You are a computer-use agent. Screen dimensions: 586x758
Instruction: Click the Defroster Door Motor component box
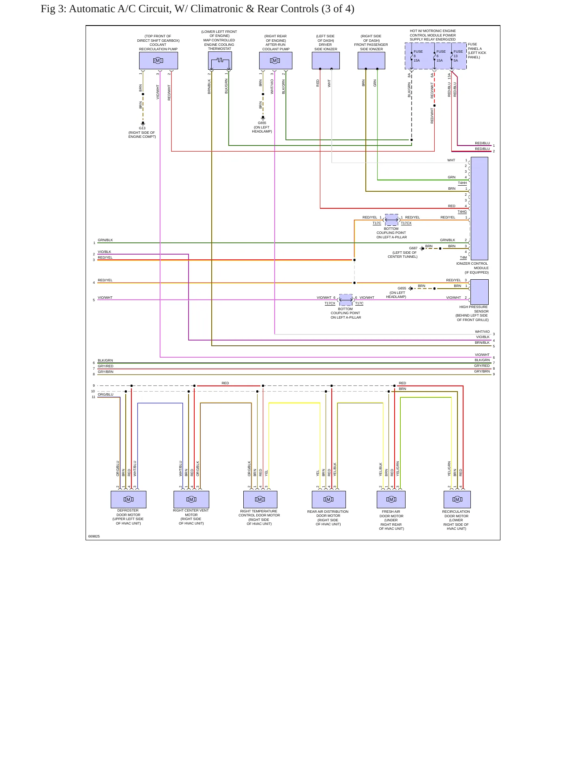(129, 499)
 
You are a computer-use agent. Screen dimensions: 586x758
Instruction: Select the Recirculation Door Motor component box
(457, 499)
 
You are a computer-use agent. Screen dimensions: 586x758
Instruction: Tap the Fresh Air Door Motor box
(391, 499)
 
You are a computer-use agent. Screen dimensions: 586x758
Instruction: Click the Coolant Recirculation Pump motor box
(158, 60)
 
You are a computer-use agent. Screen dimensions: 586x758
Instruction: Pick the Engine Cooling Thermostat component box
(220, 60)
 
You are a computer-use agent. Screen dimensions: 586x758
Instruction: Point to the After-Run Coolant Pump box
(275, 60)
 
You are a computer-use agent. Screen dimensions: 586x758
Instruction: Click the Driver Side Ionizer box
(326, 60)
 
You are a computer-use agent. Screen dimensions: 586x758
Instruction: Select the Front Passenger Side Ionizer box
(371, 60)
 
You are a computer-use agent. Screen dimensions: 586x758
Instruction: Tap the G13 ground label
(142, 128)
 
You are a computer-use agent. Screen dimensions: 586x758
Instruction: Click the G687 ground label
(413, 248)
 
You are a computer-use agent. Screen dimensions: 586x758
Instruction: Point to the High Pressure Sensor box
(479, 292)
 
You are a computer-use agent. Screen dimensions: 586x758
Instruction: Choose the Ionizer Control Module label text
(472, 268)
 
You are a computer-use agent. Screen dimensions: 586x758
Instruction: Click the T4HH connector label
(462, 183)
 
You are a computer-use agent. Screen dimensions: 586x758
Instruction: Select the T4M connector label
(463, 257)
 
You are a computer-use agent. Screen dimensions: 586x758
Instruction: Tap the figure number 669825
(94, 536)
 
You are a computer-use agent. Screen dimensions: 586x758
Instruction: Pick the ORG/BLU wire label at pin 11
(105, 394)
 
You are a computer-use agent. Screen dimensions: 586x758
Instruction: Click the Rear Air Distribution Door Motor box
(328, 499)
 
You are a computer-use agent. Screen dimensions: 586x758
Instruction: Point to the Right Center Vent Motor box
(191, 499)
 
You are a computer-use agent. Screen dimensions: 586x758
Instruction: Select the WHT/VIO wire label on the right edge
(482, 332)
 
